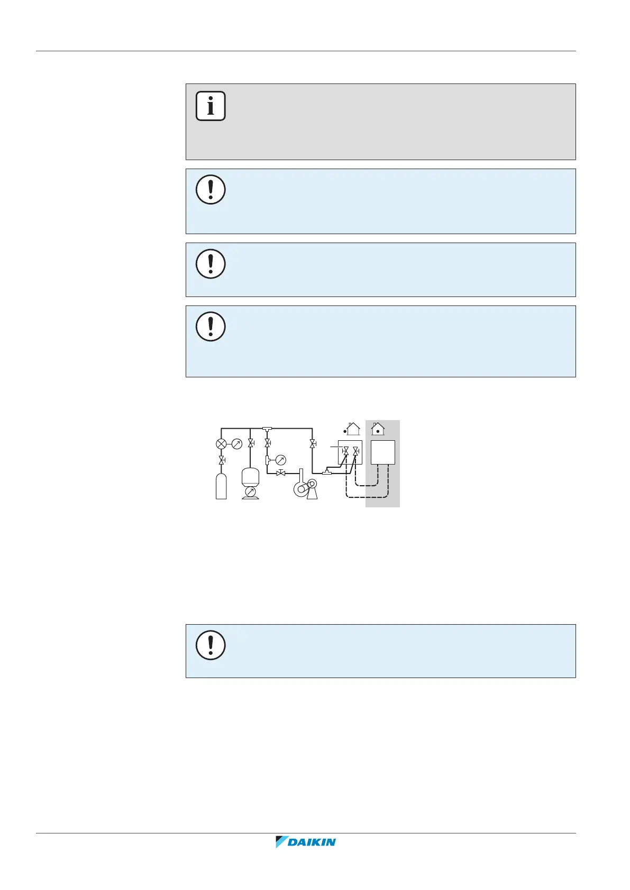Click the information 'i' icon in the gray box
pyautogui.click(x=211, y=106)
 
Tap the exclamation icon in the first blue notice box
pyautogui.click(x=211, y=189)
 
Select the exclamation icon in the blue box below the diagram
pyautogui.click(x=211, y=645)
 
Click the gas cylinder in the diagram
pyautogui.click(x=221, y=486)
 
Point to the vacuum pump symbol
pyautogui.click(x=305, y=488)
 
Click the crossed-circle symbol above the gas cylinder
pyautogui.click(x=221, y=444)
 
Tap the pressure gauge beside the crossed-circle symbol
pyautogui.click(x=237, y=444)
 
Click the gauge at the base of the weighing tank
pyautogui.click(x=250, y=492)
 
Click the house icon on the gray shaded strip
pyautogui.click(x=378, y=429)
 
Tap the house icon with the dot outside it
pyautogui.click(x=352, y=429)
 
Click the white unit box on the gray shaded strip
pyautogui.click(x=383, y=452)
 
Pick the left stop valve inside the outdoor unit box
pyautogui.click(x=345, y=451)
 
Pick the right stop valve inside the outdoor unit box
pyautogui.click(x=355, y=451)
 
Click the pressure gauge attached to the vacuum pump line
pyautogui.click(x=281, y=460)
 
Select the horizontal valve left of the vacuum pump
pyautogui.click(x=281, y=473)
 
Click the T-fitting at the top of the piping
pyautogui.click(x=267, y=428)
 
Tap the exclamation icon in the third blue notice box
pyautogui.click(x=211, y=326)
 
